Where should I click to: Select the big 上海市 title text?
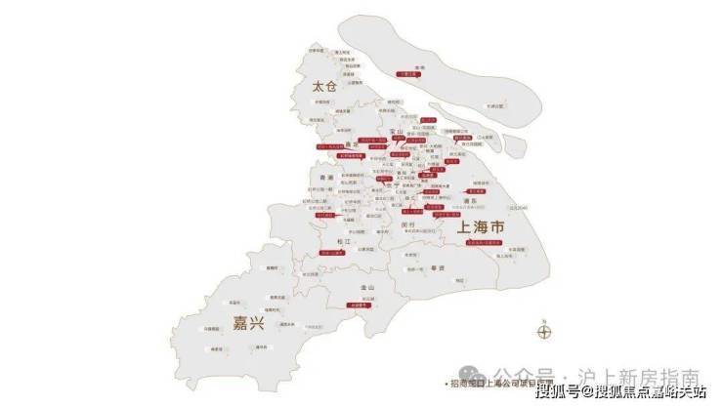coord(482,227)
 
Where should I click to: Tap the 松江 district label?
coord(341,240)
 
